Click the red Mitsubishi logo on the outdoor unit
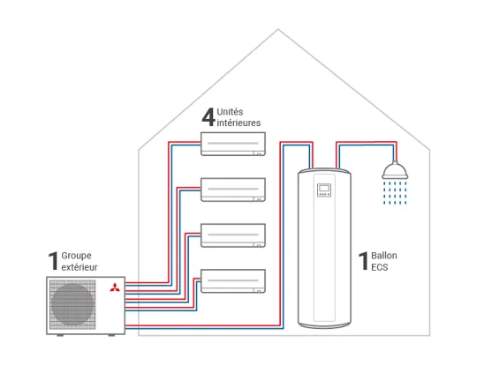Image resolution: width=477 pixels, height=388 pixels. [x=115, y=287]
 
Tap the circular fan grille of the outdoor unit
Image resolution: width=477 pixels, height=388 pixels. [x=72, y=304]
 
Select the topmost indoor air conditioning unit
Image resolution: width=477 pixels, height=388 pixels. [x=233, y=144]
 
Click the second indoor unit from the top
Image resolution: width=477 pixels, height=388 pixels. [x=233, y=190]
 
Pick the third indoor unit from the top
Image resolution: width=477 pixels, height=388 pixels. [x=233, y=235]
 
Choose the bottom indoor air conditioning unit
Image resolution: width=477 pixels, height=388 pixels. [x=233, y=281]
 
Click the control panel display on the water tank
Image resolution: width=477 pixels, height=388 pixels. [x=324, y=190]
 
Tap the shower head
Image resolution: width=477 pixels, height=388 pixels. [x=395, y=170]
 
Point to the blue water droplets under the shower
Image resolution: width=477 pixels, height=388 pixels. [x=395, y=193]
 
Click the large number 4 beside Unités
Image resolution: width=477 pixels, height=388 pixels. [x=208, y=117]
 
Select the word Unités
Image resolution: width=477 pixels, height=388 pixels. [x=230, y=112]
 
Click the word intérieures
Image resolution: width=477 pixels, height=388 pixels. [x=238, y=123]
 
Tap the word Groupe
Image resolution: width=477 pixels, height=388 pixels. [x=76, y=256]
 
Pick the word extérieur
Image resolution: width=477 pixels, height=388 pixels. [x=79, y=267]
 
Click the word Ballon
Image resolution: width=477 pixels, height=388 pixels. [x=384, y=256]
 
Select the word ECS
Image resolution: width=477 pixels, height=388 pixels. [x=380, y=267]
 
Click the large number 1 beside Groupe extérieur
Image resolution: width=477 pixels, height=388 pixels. [x=53, y=260]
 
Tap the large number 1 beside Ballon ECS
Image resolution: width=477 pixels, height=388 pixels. [x=363, y=260]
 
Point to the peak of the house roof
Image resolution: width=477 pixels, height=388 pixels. [x=278, y=29]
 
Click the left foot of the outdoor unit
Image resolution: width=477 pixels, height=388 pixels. [x=60, y=335]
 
